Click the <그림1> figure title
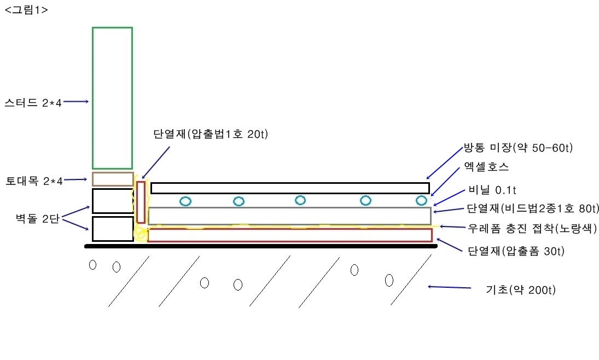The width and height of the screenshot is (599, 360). (x=26, y=9)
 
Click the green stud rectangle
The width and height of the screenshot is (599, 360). (x=112, y=97)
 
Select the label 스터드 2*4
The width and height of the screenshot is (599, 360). (x=33, y=102)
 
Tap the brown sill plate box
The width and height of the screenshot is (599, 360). (x=112, y=179)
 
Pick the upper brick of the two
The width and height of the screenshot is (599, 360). (x=113, y=201)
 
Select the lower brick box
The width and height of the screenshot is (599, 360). (x=113, y=229)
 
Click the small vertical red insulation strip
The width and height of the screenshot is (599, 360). (x=141, y=202)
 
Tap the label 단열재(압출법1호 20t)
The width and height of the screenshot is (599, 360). (x=211, y=135)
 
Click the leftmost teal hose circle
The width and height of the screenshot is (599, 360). (x=186, y=201)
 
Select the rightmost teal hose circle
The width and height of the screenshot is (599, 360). (x=421, y=200)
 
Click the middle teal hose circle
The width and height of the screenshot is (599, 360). (x=300, y=200)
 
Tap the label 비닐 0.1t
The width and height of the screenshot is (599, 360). (x=491, y=190)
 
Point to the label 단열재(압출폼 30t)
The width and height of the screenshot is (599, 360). (x=516, y=251)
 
